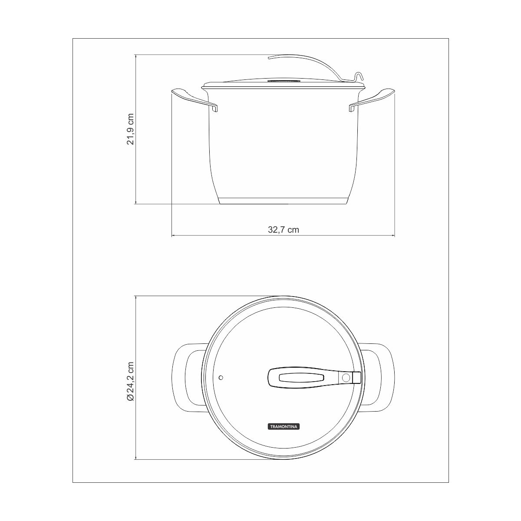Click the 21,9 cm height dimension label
click(130, 129)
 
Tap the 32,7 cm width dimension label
click(284, 230)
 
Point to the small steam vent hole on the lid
click(221, 377)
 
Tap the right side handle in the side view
click(372, 99)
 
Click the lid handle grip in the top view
click(303, 377)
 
